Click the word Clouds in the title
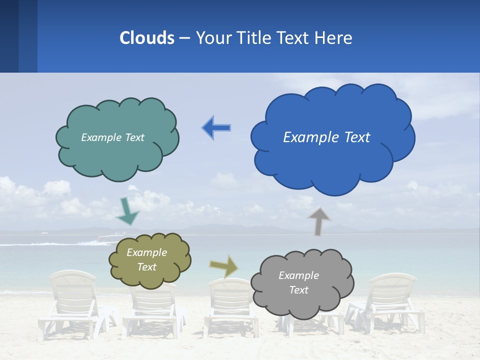pyautogui.click(x=147, y=38)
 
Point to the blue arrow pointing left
pyautogui.click(x=216, y=128)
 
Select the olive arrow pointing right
pyautogui.click(x=224, y=266)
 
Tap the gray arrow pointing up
pyautogui.click(x=318, y=221)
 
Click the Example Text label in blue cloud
pyautogui.click(x=326, y=137)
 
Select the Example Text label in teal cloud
pyautogui.click(x=112, y=137)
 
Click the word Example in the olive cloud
pyautogui.click(x=146, y=253)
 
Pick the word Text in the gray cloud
pyautogui.click(x=298, y=290)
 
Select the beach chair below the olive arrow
pyautogui.click(x=230, y=305)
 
